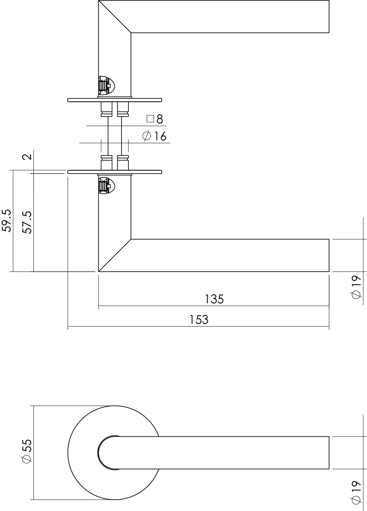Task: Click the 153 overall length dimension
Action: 199,320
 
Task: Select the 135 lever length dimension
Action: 214,299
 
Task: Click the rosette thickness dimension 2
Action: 27,157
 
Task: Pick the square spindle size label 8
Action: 160,119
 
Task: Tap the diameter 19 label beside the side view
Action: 356,287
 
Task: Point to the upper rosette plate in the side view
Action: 115,100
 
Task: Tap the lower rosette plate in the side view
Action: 115,172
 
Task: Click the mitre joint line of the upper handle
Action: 115,16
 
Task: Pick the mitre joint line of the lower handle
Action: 115,255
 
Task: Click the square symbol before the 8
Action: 150,119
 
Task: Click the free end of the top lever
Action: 329,16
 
